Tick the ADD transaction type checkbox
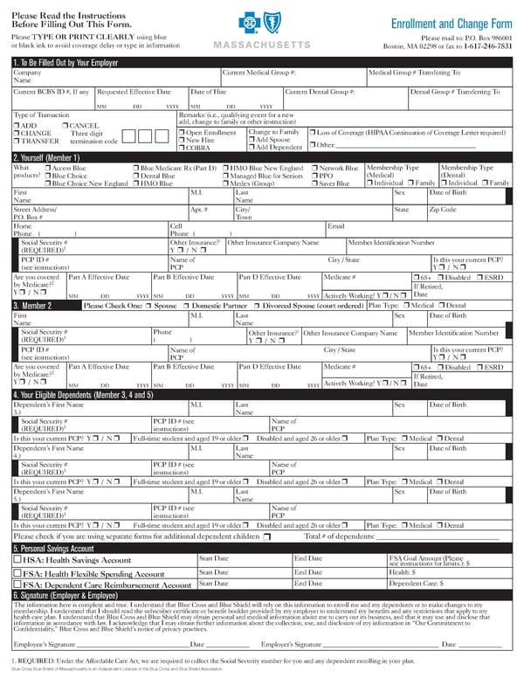pyautogui.click(x=17, y=126)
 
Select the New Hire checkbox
pyautogui.click(x=181, y=140)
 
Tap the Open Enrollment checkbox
pyautogui.click(x=181, y=132)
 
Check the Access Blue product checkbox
pyautogui.click(x=48, y=168)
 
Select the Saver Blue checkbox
pyautogui.click(x=315, y=183)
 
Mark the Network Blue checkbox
pyautogui.click(x=315, y=168)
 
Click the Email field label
pyautogui.click(x=335, y=225)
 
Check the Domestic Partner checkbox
pyautogui.click(x=187, y=306)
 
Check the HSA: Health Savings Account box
pyautogui.click(x=17, y=560)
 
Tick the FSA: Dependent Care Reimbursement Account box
pyautogui.click(x=17, y=585)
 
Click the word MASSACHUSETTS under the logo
pyautogui.click(x=261, y=44)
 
